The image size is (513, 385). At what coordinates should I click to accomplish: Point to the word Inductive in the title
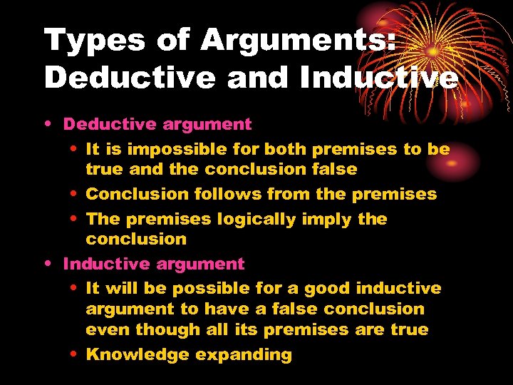(x=378, y=78)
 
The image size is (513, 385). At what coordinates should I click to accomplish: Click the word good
(x=328, y=288)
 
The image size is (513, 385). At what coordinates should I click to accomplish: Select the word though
(x=163, y=329)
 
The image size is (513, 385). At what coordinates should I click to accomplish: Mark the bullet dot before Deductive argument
(x=47, y=125)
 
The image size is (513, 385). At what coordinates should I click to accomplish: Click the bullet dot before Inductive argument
(x=47, y=265)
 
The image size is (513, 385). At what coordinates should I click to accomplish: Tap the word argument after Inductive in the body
(x=204, y=264)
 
